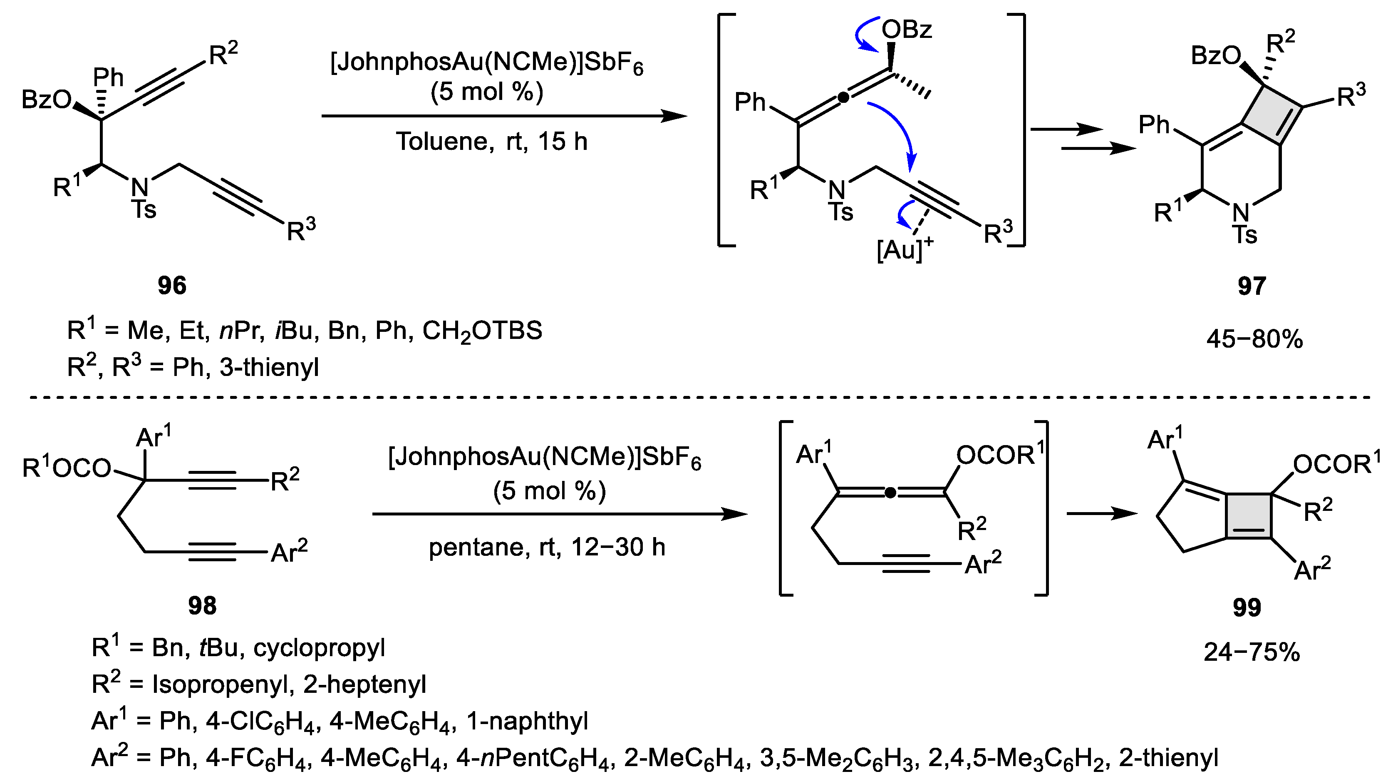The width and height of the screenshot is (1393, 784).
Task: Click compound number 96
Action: click(x=172, y=285)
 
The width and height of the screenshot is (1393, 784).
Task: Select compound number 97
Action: click(x=1252, y=285)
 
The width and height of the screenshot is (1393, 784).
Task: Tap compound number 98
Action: click(x=202, y=605)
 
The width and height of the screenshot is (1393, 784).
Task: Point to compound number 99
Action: click(x=1247, y=607)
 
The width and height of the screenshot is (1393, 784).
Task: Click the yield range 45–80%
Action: click(x=1254, y=339)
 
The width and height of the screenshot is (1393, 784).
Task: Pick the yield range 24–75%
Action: click(x=1252, y=652)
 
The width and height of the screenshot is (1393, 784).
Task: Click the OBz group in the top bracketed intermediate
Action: click(x=907, y=29)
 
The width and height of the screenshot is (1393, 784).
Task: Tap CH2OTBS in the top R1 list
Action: click(x=482, y=331)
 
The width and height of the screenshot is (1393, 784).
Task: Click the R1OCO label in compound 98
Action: click(x=67, y=468)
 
